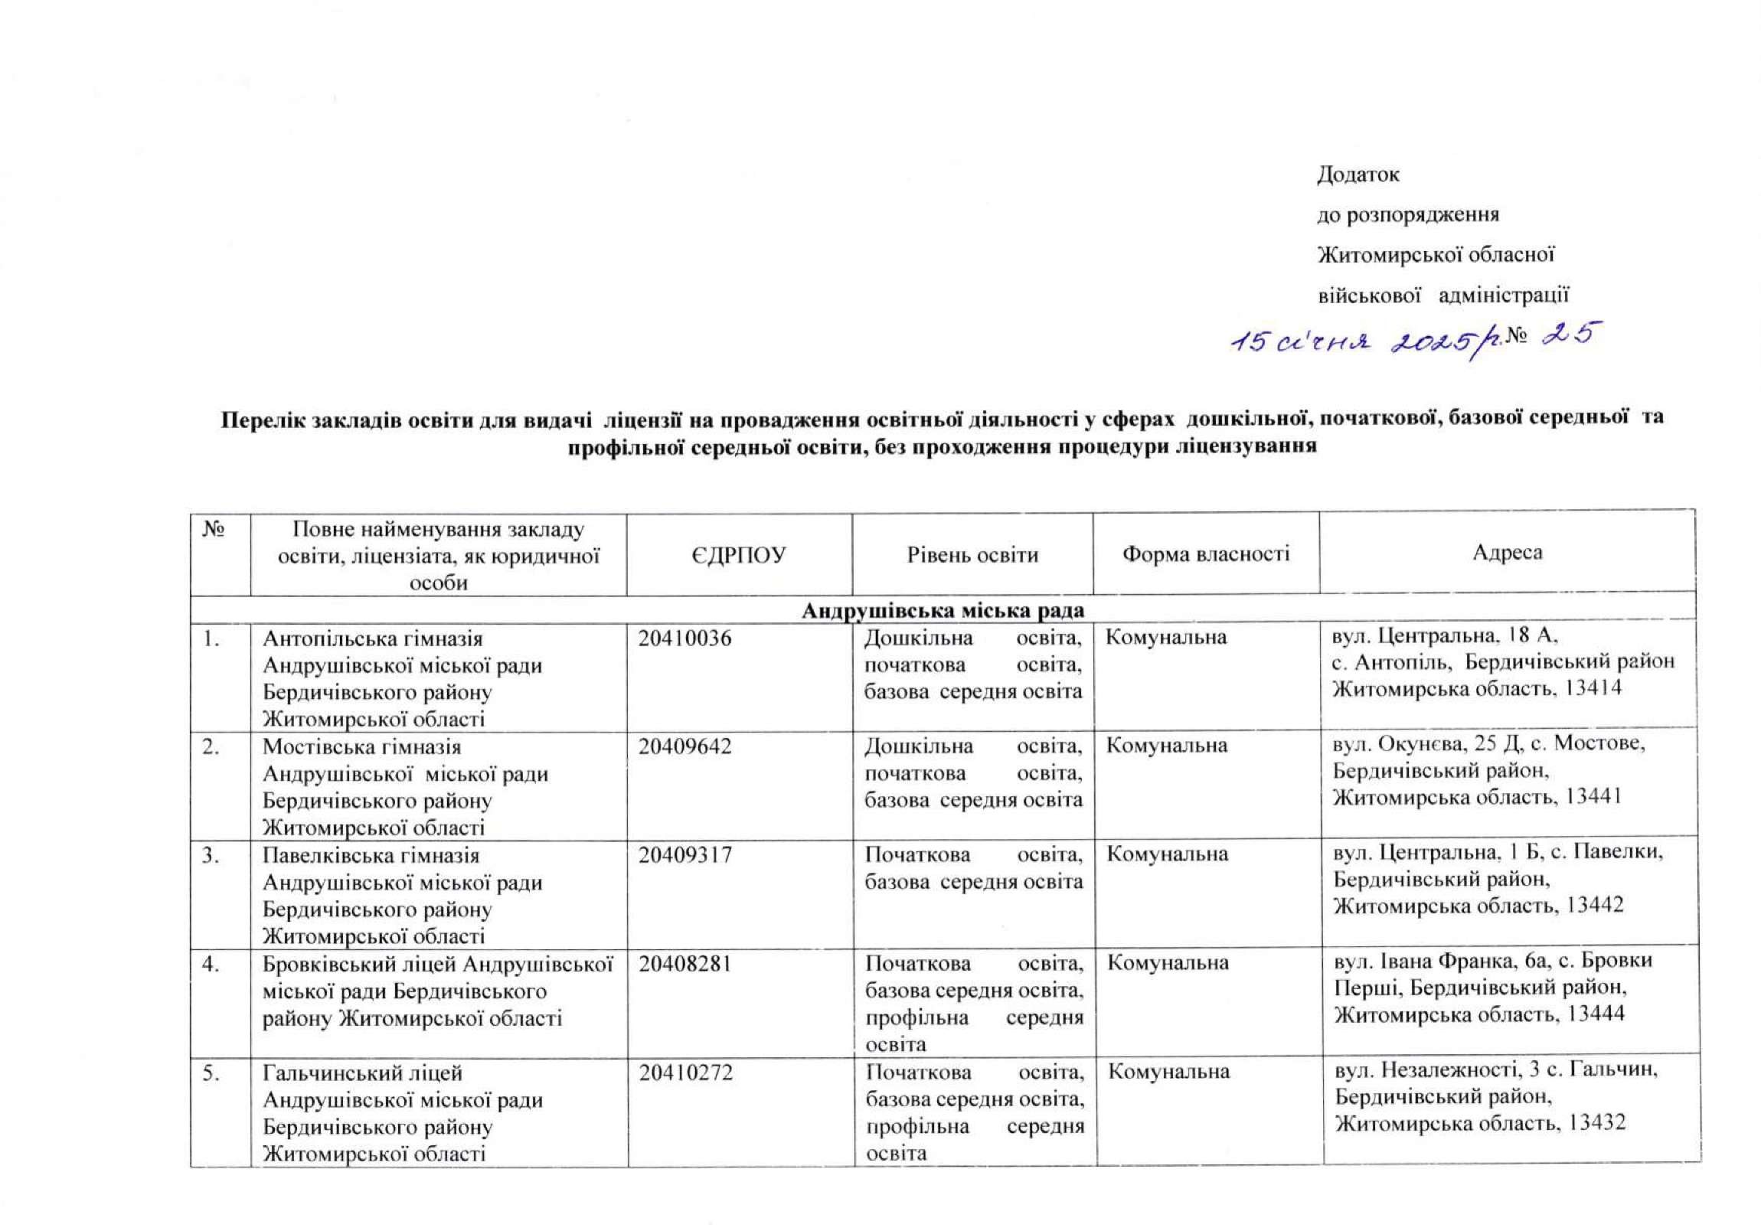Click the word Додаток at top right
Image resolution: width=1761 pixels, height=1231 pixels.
(1358, 175)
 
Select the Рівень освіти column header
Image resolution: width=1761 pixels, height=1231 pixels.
(972, 554)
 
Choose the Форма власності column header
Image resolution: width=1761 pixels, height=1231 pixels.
(1206, 553)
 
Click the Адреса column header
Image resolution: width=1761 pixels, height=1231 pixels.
(1507, 553)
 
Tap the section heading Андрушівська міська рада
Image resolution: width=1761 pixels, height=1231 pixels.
(943, 610)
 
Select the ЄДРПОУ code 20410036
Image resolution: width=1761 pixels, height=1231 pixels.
(685, 638)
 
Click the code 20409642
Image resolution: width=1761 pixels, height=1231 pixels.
(685, 746)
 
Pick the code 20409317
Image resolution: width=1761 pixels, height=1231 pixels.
(685, 854)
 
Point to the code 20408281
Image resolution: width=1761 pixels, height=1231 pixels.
(686, 962)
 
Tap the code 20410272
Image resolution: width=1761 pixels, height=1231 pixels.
(686, 1072)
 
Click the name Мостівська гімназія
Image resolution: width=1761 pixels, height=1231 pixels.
(361, 746)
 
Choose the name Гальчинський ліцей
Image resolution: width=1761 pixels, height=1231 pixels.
(362, 1073)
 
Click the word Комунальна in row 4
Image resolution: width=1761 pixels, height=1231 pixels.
(1168, 963)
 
